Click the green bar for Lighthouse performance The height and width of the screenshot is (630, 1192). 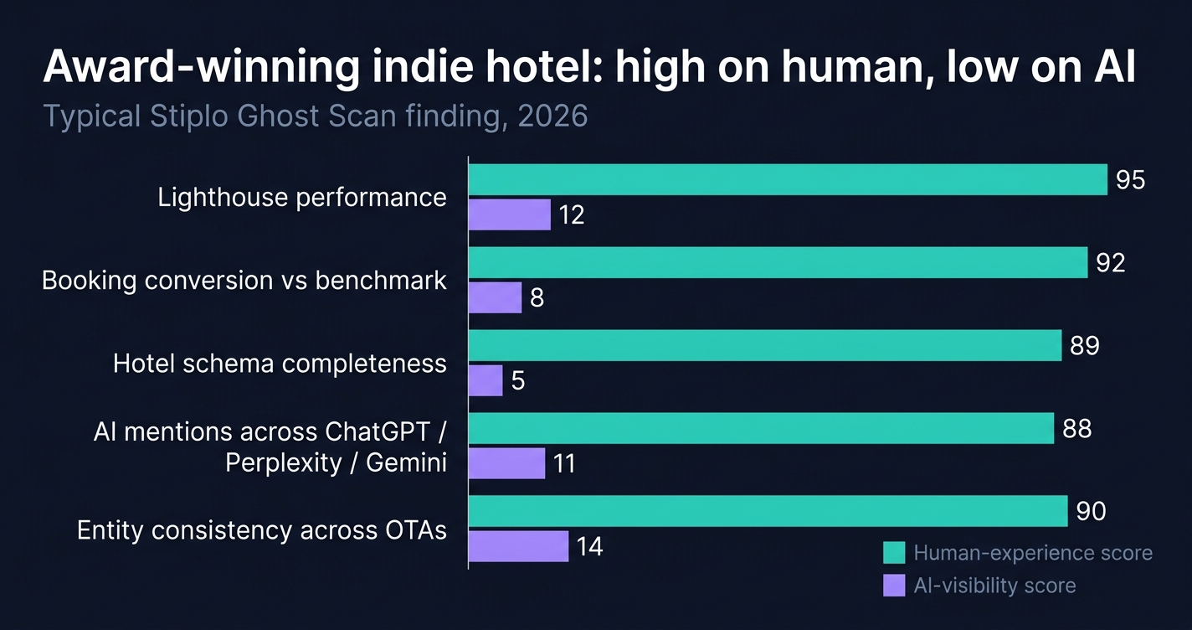[x=787, y=179]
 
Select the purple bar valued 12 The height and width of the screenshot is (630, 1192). [x=509, y=214]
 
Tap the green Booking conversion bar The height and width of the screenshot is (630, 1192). [x=777, y=262]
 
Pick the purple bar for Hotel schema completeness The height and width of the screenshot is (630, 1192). [x=485, y=380]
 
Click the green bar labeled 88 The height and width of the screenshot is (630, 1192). [x=760, y=428]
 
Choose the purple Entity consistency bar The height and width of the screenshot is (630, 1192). [x=518, y=546]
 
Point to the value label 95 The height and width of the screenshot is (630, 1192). [x=1130, y=180]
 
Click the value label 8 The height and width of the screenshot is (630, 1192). [x=537, y=297]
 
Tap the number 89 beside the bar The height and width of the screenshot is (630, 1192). [x=1084, y=345]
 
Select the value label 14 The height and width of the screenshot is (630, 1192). [x=588, y=547]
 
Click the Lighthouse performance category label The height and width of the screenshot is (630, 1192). [x=302, y=198]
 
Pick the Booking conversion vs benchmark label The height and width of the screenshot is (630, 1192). [x=244, y=280]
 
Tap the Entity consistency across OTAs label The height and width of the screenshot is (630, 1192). [x=261, y=530]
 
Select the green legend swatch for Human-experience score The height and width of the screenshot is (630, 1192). [x=894, y=553]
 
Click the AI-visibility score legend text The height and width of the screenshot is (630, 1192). [x=994, y=585]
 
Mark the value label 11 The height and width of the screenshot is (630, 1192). [x=564, y=463]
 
